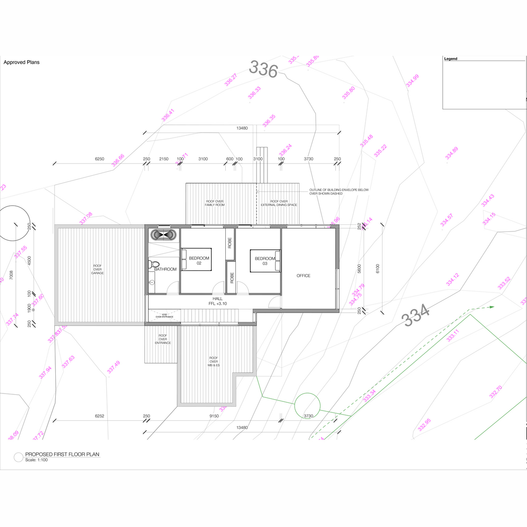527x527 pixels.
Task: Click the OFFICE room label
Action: [x=303, y=276]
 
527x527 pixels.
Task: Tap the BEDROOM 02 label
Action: [x=199, y=261]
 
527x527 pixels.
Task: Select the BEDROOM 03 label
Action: [x=265, y=261]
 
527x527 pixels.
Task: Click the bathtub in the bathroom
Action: [x=164, y=235]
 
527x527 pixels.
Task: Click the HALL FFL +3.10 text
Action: [x=217, y=301]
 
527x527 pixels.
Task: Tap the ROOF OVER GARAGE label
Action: [x=97, y=269]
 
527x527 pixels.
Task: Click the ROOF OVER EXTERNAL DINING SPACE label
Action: [x=279, y=203]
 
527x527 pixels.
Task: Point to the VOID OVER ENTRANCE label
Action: [x=164, y=316]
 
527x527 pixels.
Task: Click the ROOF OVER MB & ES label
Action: [x=213, y=361]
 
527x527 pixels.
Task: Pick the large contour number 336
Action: [x=263, y=69]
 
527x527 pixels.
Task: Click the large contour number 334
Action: [x=415, y=315]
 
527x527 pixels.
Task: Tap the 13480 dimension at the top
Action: [x=242, y=128]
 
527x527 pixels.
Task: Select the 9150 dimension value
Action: [x=214, y=416]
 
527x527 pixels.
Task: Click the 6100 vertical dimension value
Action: [x=378, y=268]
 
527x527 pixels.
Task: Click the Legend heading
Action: [x=451, y=59]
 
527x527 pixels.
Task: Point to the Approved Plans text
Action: [x=22, y=62]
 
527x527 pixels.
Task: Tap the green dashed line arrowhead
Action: [x=492, y=307]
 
